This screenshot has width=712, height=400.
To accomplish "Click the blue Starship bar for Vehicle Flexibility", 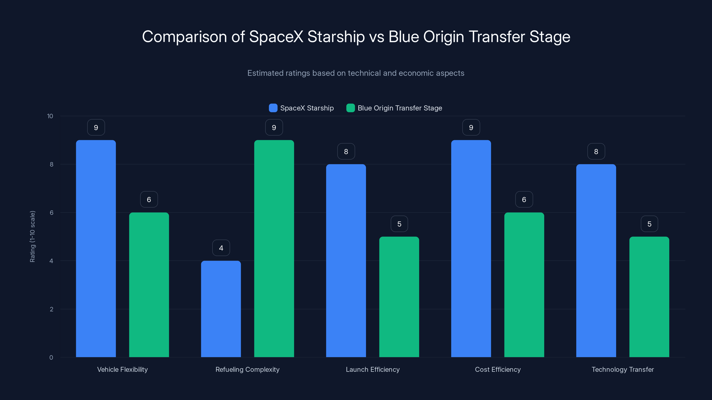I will click(x=96, y=248).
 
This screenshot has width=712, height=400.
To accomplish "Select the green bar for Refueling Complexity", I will click(x=274, y=248).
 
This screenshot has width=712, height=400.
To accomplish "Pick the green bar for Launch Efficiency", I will click(x=399, y=297).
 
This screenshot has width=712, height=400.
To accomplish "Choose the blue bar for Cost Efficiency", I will click(x=471, y=248).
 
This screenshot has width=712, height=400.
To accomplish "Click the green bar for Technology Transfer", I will click(x=649, y=297).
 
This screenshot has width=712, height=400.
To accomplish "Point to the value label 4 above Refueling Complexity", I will click(x=221, y=248).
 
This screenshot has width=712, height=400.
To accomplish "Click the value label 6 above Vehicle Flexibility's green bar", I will click(x=149, y=199).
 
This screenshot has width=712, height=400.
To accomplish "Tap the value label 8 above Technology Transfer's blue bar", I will click(x=596, y=151).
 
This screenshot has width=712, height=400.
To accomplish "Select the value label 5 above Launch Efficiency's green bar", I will click(x=399, y=224).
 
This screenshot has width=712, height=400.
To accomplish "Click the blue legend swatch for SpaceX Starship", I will click(x=273, y=108).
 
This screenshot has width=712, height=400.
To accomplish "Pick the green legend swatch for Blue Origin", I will click(x=350, y=108).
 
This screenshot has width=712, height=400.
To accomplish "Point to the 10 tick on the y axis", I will click(x=50, y=116).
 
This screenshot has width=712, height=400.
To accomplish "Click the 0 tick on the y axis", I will click(x=51, y=358).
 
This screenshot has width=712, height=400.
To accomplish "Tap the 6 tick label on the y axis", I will click(x=51, y=213).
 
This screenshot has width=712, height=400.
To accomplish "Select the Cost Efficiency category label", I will click(x=498, y=369).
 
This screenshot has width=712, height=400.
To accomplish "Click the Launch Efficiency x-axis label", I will click(x=373, y=369).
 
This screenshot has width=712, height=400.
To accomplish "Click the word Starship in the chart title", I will click(x=336, y=37).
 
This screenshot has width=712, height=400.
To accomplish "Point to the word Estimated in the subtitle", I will click(x=265, y=73).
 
